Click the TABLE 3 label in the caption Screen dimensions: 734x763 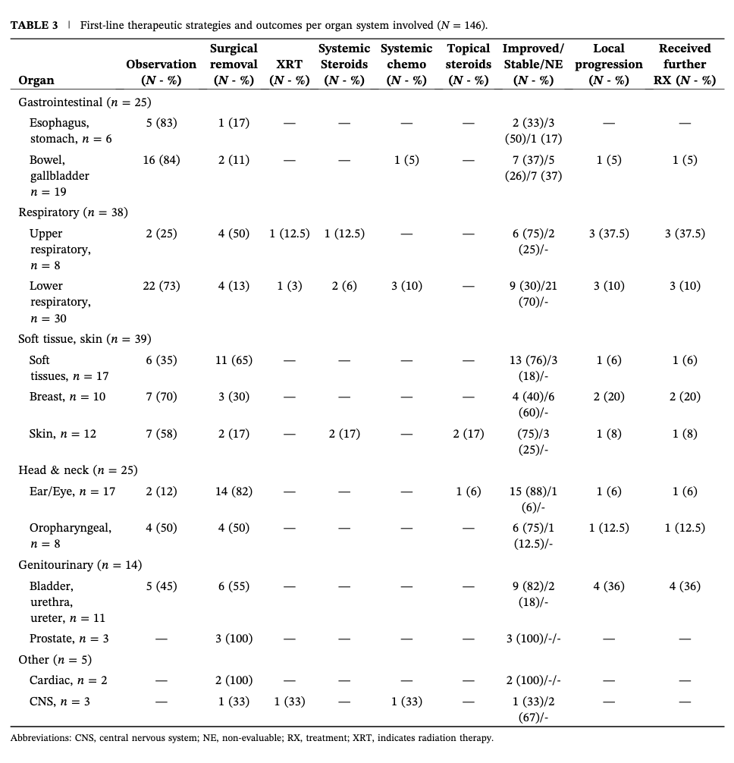point(34,25)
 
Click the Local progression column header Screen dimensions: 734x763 point(608,64)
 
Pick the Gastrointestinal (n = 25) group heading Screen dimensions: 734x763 point(85,102)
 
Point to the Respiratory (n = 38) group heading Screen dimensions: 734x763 point(73,212)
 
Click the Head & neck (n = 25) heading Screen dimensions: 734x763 point(78,470)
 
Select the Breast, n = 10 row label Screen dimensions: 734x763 point(67,397)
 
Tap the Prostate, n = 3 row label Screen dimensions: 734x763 point(69,639)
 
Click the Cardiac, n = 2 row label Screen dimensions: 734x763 point(68,680)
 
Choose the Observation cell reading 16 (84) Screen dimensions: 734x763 point(162,160)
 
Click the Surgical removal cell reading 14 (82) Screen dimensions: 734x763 point(234,491)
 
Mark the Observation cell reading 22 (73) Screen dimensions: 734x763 point(162,286)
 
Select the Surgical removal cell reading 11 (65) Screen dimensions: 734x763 point(234,360)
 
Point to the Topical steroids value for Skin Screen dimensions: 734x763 point(469,434)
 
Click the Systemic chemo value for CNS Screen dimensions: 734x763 point(406,702)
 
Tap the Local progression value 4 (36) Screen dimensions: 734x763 point(609,586)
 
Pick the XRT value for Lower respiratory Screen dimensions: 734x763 point(290,286)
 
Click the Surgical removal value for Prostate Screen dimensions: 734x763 point(234,639)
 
